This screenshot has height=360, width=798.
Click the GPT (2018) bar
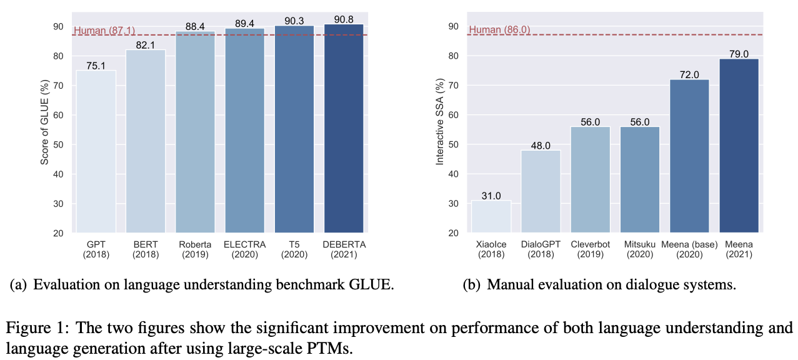[96, 151]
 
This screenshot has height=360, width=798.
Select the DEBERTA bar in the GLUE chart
[344, 128]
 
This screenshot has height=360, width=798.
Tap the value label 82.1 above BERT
[146, 45]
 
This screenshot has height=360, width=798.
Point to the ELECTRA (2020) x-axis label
[244, 249]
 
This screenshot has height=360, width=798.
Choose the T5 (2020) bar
[294, 129]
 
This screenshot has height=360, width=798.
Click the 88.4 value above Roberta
[195, 26]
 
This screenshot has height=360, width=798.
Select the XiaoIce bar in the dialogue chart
[491, 216]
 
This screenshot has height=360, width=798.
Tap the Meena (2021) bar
[739, 146]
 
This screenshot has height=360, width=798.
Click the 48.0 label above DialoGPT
[541, 145]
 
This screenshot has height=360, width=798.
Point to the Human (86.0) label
[499, 30]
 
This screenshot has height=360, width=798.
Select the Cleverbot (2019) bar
[590, 179]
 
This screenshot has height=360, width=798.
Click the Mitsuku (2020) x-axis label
[639, 249]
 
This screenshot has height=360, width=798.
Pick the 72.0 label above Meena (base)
[689, 74]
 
